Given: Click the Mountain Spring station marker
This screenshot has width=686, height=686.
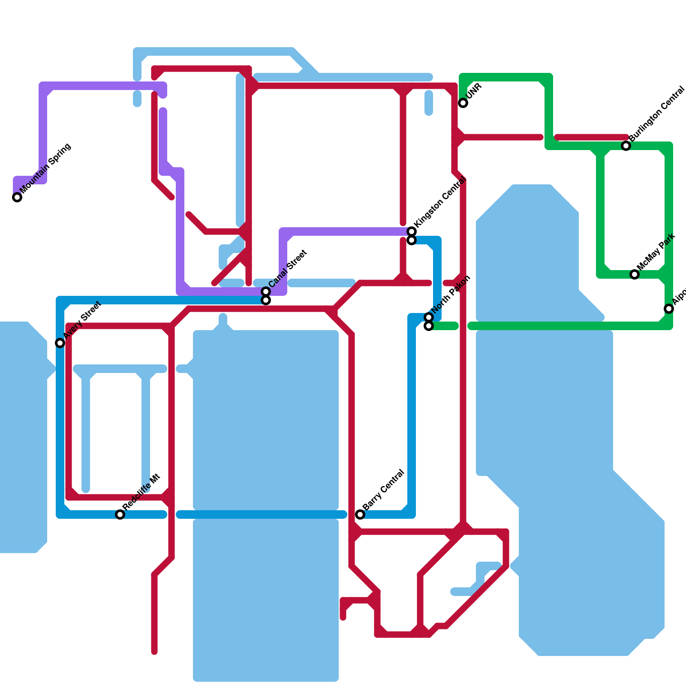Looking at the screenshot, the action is point(17,197).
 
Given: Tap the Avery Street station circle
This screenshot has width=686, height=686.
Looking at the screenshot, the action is point(60,343).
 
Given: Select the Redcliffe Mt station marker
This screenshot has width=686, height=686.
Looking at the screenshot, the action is point(120,514).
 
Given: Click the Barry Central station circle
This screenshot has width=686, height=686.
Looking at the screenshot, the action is point(360,514).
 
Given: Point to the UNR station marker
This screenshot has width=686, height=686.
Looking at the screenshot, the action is point(463,103).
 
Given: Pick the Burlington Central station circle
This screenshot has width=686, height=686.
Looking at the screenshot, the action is point(626,146).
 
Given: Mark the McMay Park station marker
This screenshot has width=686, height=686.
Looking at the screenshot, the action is point(635,274).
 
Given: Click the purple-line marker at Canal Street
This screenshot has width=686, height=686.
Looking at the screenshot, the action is point(266,292).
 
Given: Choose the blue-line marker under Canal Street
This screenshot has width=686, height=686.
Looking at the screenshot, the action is point(266,300).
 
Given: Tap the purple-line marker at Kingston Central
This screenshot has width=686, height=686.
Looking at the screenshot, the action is point(412,232).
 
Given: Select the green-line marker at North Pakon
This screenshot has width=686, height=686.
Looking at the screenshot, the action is point(429,326).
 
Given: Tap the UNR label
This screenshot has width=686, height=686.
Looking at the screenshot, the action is point(474,91).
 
